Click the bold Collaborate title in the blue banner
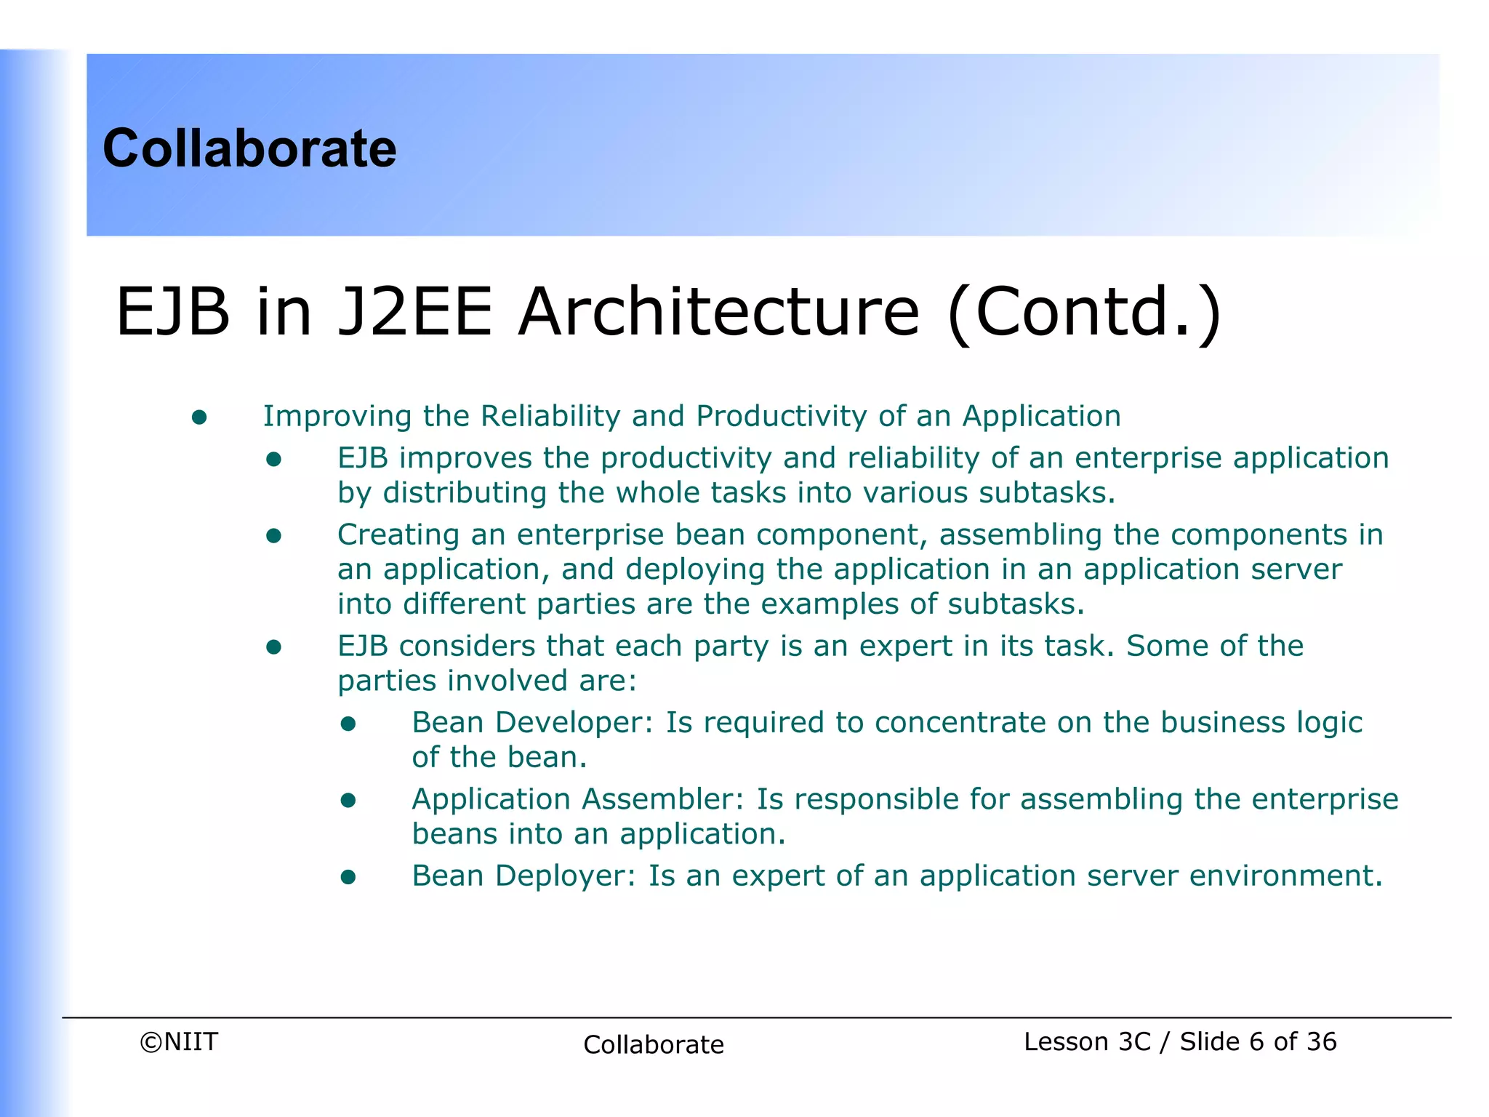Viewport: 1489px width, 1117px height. tap(249, 148)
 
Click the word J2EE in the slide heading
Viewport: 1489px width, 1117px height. tap(415, 312)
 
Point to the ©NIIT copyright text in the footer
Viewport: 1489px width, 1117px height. tap(179, 1041)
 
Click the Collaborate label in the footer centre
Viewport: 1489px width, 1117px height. tap(654, 1044)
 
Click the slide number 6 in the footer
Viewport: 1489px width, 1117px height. tap(1256, 1041)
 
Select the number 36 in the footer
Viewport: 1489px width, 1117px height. tap(1321, 1041)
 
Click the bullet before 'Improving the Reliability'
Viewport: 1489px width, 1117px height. tap(199, 417)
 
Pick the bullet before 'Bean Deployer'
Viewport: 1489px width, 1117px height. tap(348, 877)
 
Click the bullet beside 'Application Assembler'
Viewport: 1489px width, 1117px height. tap(348, 801)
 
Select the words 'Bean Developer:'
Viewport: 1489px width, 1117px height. tap(533, 723)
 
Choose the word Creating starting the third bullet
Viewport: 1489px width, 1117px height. tap(398, 535)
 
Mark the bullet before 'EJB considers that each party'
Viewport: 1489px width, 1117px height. tap(273, 647)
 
